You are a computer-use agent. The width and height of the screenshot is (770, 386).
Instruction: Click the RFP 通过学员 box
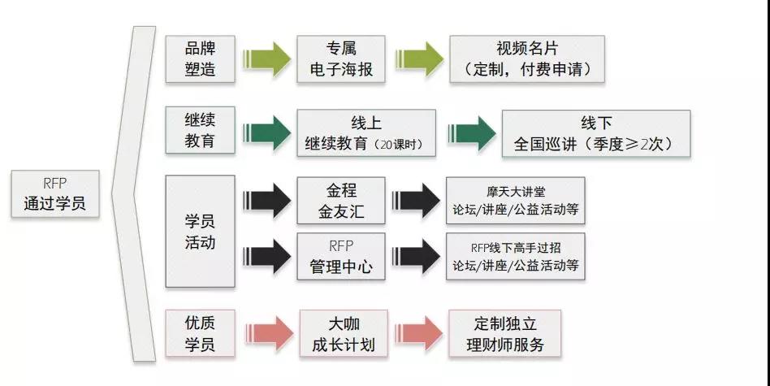pyautogui.click(x=54, y=194)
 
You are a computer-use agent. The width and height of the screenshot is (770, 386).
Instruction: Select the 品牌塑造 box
pyautogui.click(x=201, y=59)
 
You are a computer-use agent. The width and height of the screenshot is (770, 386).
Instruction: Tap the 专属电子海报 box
pyautogui.click(x=335, y=59)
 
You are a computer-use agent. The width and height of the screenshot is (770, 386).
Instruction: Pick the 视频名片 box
pyautogui.click(x=528, y=59)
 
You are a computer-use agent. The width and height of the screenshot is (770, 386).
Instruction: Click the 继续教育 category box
pyautogui.click(x=201, y=130)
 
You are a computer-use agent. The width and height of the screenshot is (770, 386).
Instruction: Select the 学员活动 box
pyautogui.click(x=201, y=231)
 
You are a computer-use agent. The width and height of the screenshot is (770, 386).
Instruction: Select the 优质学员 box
pyautogui.click(x=201, y=333)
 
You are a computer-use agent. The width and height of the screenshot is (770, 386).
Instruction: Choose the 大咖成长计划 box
pyautogui.click(x=341, y=333)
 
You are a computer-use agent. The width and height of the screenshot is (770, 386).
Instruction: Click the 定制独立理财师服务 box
pyautogui.click(x=504, y=333)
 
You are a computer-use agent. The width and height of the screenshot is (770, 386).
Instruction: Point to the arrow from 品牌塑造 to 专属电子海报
pyautogui.click(x=266, y=59)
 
